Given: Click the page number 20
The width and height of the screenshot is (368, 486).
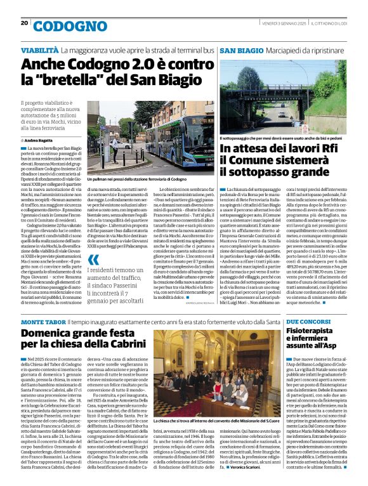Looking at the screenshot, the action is pyautogui.click(x=24, y=23).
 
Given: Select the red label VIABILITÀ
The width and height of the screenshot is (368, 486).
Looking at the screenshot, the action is pyautogui.click(x=41, y=49).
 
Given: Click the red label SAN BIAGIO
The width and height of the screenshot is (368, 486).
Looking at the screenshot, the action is pyautogui.click(x=242, y=49).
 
